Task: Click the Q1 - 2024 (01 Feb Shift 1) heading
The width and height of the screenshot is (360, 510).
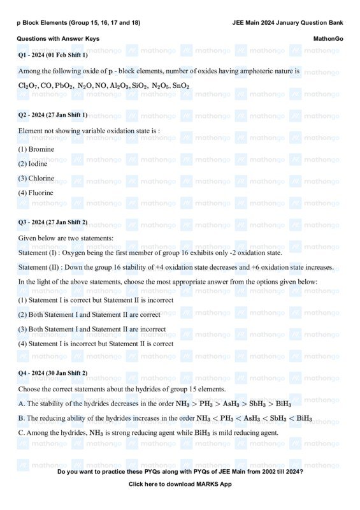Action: [53, 55]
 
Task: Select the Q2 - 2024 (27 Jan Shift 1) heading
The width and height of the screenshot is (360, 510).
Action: [53, 115]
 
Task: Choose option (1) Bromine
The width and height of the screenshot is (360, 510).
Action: [36, 149]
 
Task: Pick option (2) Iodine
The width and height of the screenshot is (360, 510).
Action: [33, 164]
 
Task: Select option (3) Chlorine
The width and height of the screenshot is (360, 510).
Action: [36, 178]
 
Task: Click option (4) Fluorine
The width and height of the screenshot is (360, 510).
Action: [36, 193]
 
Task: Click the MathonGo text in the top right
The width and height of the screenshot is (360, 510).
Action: [328, 39]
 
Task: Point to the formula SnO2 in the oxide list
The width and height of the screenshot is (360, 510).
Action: [180, 86]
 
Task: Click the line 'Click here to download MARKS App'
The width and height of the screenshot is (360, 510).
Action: [180, 484]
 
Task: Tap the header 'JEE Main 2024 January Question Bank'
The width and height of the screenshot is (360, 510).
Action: [287, 23]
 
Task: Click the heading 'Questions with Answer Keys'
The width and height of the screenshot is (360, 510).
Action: [58, 39]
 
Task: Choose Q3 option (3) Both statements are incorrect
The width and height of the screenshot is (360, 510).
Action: [92, 330]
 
